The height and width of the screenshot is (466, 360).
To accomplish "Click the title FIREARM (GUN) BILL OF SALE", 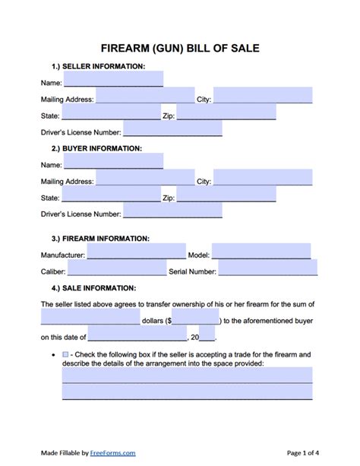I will [180, 49].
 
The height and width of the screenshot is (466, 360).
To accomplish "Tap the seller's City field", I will [263, 96].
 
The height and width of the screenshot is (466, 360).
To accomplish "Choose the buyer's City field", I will [263, 178].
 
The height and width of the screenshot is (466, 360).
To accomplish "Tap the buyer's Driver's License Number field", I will [172, 211].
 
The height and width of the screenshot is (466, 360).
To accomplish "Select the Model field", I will [261, 252].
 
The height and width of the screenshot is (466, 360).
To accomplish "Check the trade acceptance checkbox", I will [65, 355].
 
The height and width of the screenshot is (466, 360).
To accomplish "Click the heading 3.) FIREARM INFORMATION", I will [94, 238].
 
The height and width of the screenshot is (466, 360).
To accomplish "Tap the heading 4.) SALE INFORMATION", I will [89, 288].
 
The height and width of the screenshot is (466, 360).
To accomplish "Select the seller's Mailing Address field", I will [145, 96].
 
